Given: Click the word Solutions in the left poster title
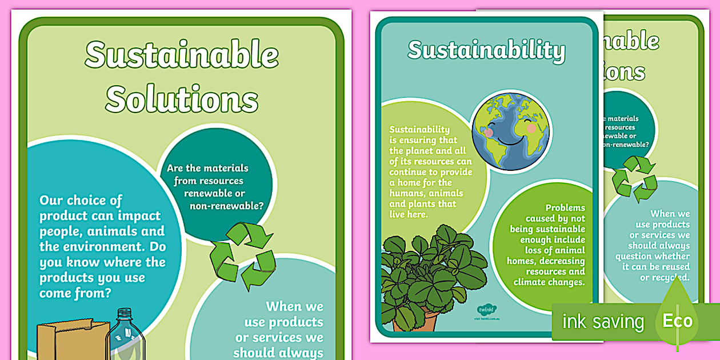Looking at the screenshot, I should [182, 99].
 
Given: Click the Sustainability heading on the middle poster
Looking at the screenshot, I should [486, 50].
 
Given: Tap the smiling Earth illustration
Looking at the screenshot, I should [510, 131].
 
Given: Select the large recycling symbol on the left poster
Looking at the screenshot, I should [242, 255].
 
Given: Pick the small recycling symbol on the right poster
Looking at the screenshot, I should [634, 179].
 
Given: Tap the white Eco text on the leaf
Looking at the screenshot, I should [677, 321].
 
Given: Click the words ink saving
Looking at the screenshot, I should [603, 321].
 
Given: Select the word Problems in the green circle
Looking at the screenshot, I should [565, 208].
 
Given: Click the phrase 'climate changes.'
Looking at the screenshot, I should [549, 282].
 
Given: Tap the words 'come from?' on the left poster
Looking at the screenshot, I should [75, 293].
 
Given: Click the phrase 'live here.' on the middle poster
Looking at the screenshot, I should [408, 214].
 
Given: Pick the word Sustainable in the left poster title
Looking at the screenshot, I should [182, 56].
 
